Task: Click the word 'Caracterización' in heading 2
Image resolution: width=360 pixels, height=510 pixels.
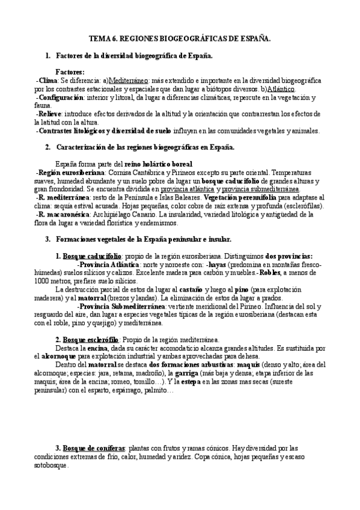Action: point(82,147)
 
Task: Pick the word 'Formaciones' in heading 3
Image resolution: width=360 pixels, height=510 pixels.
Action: point(78,239)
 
